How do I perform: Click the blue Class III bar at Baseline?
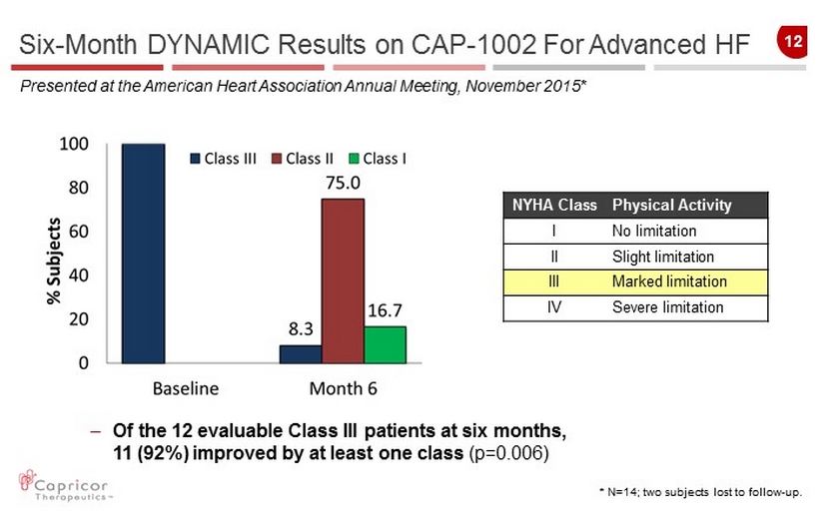[143, 254]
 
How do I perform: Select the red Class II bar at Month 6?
[343, 280]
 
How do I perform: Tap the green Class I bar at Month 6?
[385, 344]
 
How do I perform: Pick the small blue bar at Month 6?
[301, 353]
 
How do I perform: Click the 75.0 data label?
[343, 183]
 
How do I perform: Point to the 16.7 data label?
[386, 309]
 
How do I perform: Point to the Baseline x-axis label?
[185, 386]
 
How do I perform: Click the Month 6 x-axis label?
[342, 386]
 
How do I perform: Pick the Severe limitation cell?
[667, 306]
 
